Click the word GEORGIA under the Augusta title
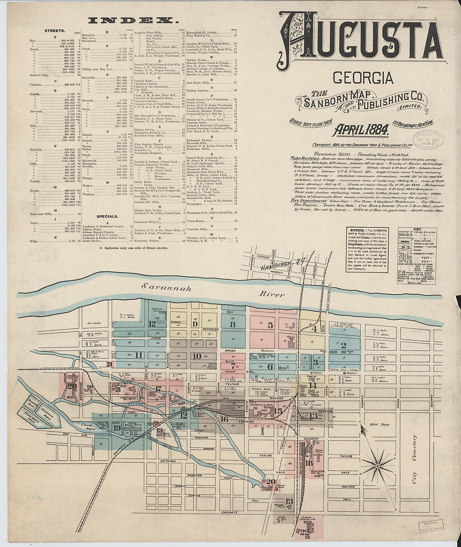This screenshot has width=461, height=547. pos(363,78)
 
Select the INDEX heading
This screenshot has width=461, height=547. pos(134,20)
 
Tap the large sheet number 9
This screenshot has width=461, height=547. pos(195,324)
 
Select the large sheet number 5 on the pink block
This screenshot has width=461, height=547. pos(270,325)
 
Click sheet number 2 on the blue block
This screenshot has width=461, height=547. pos(344,346)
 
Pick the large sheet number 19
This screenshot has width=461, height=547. pos(117,428)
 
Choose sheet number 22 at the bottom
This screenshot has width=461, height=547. pos(304,532)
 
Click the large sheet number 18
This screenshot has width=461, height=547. pos(309,463)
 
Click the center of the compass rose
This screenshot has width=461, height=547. pos(378,466)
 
